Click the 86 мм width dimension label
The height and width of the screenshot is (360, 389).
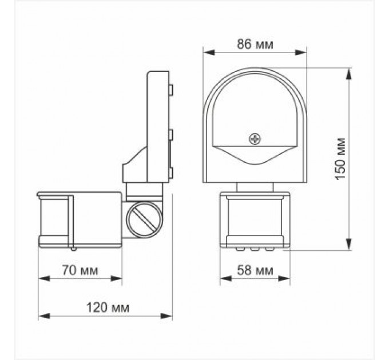click(x=255, y=45)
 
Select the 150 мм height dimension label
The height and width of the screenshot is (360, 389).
click(x=341, y=159)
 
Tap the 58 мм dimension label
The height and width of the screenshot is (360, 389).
click(x=255, y=270)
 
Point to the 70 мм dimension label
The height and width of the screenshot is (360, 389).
click(x=80, y=270)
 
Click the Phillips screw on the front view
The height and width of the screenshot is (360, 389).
click(x=254, y=138)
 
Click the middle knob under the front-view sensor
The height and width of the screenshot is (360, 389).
click(x=255, y=249)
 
